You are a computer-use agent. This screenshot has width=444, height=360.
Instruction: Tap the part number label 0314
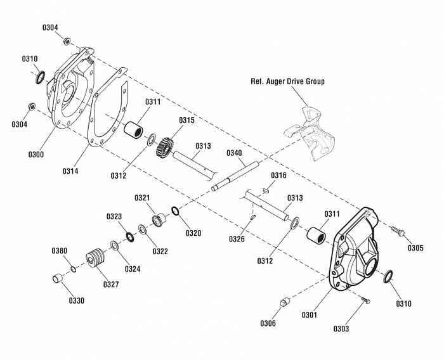(x=72, y=170)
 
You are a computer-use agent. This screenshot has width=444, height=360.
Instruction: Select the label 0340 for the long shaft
(x=234, y=153)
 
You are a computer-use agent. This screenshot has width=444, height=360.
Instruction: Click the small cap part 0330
(x=57, y=278)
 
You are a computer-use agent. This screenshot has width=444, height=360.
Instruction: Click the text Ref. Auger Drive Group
(x=287, y=82)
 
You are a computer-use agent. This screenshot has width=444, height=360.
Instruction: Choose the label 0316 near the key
(x=279, y=175)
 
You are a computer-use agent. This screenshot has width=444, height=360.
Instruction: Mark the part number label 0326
(x=237, y=239)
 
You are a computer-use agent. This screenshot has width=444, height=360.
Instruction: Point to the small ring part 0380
(x=74, y=269)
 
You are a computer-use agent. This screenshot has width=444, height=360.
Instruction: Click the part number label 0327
(x=111, y=285)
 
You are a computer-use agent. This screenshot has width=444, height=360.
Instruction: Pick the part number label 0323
(x=114, y=217)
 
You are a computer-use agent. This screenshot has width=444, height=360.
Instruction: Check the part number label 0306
(x=268, y=323)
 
